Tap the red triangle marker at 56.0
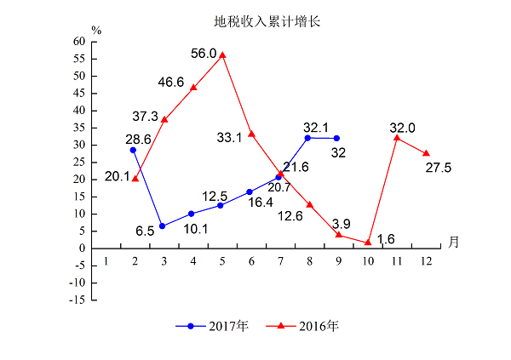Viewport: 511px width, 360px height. [x=222, y=55]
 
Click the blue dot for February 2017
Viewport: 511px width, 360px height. [x=134, y=150]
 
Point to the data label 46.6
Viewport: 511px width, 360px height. [x=171, y=82]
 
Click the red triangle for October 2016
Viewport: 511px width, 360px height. [x=368, y=243]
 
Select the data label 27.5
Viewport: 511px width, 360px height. [x=438, y=168]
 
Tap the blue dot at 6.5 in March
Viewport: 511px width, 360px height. [x=163, y=226]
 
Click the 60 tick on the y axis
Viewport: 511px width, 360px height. [x=79, y=41]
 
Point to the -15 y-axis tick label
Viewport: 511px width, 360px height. [x=77, y=300]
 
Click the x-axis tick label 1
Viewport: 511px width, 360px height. [x=106, y=260]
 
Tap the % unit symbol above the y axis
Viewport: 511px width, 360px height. [x=96, y=31]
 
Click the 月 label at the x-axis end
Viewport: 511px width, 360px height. [x=453, y=242]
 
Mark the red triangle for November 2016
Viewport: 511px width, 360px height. [x=397, y=138]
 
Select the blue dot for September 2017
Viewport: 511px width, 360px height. [x=337, y=138]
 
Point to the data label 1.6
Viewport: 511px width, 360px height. [x=385, y=239]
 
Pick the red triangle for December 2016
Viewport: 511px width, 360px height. [x=426, y=153]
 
